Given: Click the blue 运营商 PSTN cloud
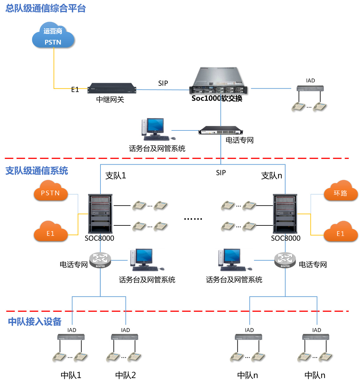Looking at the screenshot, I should pyautogui.click(x=53, y=35).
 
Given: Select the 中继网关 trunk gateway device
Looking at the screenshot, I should pyautogui.click(x=112, y=88).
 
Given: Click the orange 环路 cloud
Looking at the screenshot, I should pyautogui.click(x=341, y=191).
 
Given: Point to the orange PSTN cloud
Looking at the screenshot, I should pyautogui.click(x=51, y=191).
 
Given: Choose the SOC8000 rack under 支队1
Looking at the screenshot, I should pyautogui.click(x=100, y=214).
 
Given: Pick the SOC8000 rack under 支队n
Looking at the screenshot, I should pyautogui.click(x=285, y=214).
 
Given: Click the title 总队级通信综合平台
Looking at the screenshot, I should pyautogui.click(x=46, y=9).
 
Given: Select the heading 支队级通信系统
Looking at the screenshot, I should pyautogui.click(x=37, y=171).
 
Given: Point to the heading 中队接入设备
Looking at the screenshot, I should pyautogui.click(x=35, y=322).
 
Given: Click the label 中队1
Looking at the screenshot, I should pyautogui.click(x=71, y=376).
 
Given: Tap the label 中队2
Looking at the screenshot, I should pyautogui.click(x=125, y=376).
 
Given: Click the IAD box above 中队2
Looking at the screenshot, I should pyautogui.click(x=125, y=337).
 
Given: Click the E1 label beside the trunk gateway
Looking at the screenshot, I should pyautogui.click(x=75, y=90).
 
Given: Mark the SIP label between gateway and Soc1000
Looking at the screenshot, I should pyautogui.click(x=163, y=83).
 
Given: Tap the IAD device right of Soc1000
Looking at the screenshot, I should pyautogui.click(x=310, y=88).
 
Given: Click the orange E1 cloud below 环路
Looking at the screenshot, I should pyautogui.click(x=341, y=232).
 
